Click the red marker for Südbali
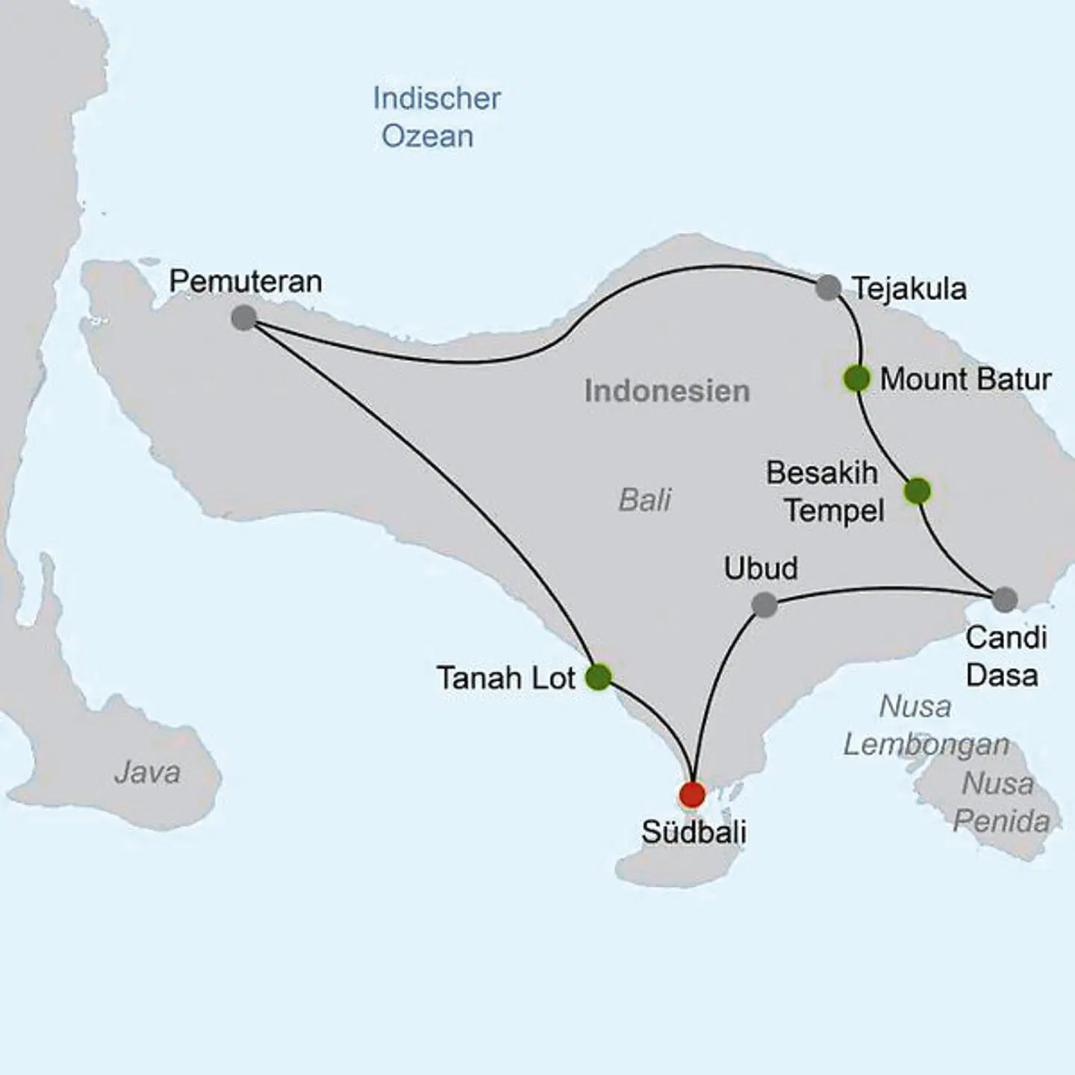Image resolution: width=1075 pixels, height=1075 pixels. (692, 794)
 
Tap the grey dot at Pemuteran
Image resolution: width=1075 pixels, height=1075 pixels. (243, 318)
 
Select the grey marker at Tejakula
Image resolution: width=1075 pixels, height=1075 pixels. (828, 287)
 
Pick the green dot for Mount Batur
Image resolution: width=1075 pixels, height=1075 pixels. (856, 378)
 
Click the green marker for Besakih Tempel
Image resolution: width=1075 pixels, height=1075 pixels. (917, 491)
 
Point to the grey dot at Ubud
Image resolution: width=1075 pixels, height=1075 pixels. (764, 605)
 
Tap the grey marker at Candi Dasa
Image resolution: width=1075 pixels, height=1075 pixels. (1005, 599)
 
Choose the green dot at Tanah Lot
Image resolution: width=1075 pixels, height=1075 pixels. (598, 677)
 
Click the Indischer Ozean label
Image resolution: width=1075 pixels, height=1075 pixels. (436, 117)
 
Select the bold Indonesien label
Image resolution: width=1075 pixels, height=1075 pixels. (667, 391)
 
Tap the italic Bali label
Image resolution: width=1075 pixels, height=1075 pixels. (645, 499)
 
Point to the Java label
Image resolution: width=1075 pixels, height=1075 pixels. (147, 773)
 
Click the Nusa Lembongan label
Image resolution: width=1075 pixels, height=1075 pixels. (926, 725)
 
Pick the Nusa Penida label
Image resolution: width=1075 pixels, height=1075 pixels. (1000, 802)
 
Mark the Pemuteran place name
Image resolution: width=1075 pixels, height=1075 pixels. (245, 281)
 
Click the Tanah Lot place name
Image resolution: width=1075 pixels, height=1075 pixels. (505, 678)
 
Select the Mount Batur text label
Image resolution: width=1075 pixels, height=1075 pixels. (965, 379)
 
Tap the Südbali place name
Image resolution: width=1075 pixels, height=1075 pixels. (694, 832)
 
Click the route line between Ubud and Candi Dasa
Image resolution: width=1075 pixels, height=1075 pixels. (881, 590)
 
